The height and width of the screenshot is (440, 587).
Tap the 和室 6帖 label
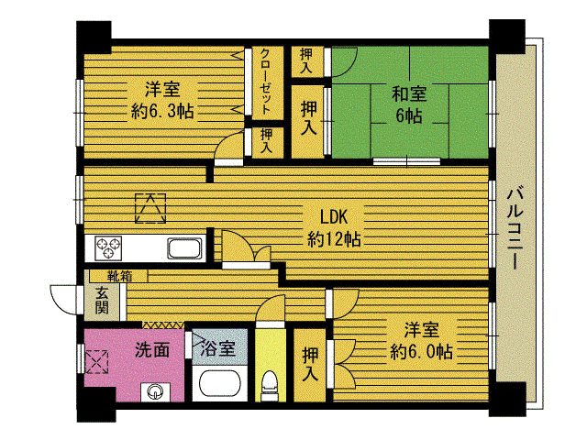[x=407, y=103]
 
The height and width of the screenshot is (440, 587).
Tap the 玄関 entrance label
[x=101, y=300]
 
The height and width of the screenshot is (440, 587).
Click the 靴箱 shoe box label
[x=118, y=274]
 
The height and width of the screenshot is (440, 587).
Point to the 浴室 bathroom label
[x=219, y=348]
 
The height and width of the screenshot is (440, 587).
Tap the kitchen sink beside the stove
[x=185, y=249]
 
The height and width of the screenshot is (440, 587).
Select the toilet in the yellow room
[x=269, y=383]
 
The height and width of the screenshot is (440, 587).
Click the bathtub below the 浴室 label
[x=219, y=386]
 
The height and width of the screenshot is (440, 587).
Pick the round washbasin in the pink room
[x=153, y=393]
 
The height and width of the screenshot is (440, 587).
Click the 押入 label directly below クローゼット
[x=266, y=140]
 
